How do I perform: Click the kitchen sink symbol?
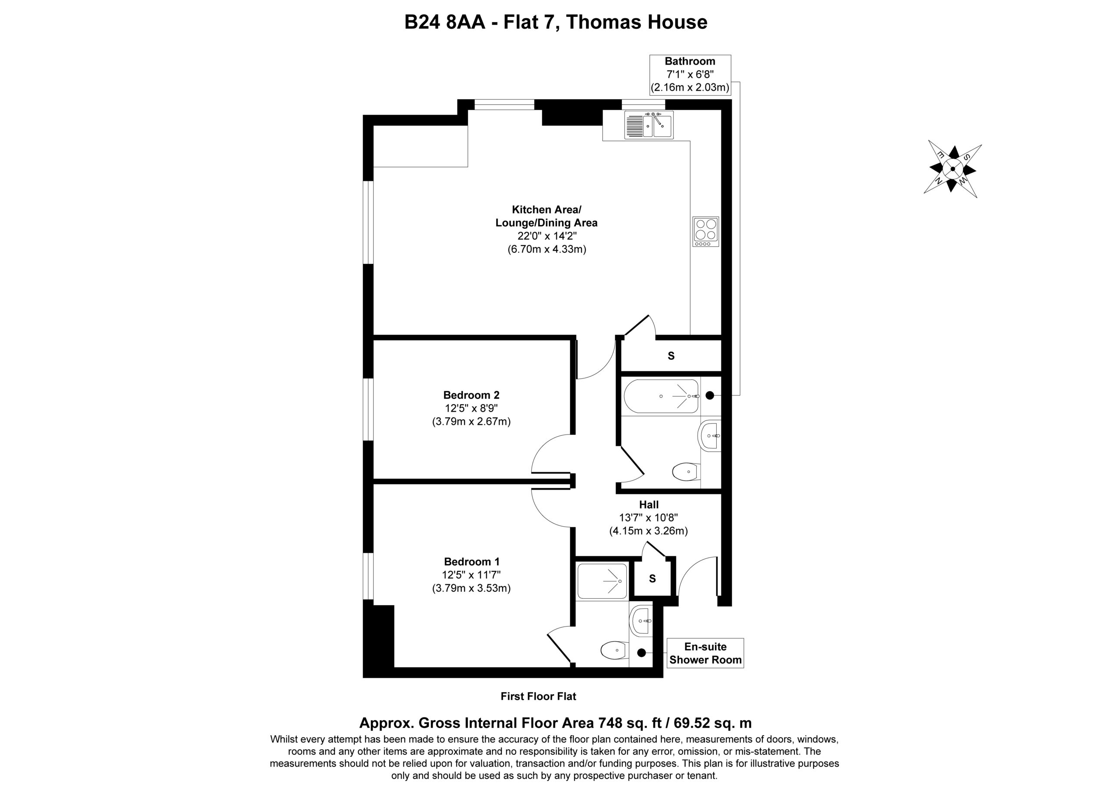point(649,125)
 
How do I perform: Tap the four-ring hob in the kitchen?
point(706,232)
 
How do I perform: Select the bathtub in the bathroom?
point(661,396)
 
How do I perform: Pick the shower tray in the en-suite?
point(602,581)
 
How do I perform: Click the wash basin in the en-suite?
point(641,621)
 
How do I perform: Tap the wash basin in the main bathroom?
point(709,436)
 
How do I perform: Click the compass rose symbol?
point(953,169)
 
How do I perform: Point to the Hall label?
point(649,504)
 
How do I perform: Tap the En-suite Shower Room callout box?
point(705,653)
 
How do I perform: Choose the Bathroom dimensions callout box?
point(690,75)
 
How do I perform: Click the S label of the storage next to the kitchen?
point(671,356)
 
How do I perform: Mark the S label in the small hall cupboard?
point(652,579)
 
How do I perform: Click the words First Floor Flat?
point(538,696)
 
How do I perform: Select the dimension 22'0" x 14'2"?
point(547,236)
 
